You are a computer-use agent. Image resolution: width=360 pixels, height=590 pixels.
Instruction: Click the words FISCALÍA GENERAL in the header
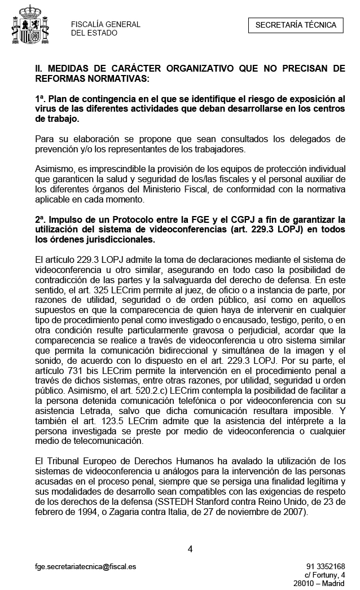tap(106, 24)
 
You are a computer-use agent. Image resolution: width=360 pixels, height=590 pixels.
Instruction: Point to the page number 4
tap(190, 549)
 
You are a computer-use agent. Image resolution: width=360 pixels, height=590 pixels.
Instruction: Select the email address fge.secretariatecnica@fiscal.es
tap(85, 566)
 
